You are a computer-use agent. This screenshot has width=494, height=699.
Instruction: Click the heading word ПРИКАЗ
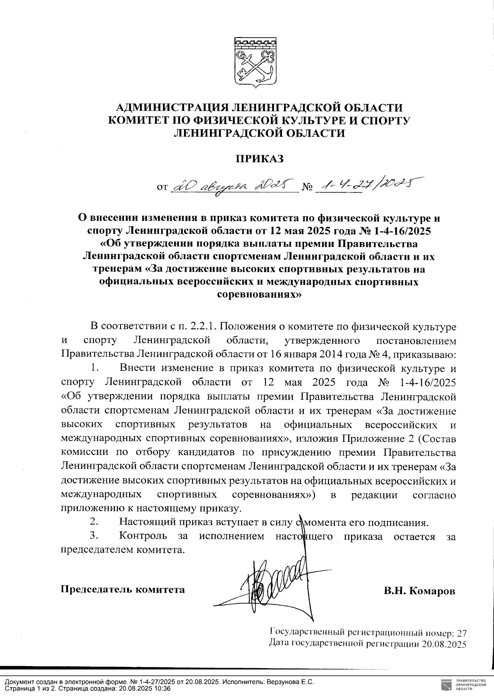pyautogui.click(x=259, y=159)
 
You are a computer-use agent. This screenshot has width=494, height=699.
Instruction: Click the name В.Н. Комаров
pyautogui.click(x=419, y=591)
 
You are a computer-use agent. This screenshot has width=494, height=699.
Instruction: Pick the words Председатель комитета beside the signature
pyautogui.click(x=123, y=589)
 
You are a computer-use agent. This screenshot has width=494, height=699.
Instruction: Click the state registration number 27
pyautogui.click(x=462, y=632)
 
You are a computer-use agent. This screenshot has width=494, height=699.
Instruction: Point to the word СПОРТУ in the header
pyautogui.click(x=385, y=120)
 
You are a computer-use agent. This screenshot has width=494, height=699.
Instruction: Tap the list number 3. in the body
pyautogui.click(x=93, y=536)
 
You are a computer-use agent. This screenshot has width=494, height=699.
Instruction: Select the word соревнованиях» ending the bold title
pyautogui.click(x=259, y=295)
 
